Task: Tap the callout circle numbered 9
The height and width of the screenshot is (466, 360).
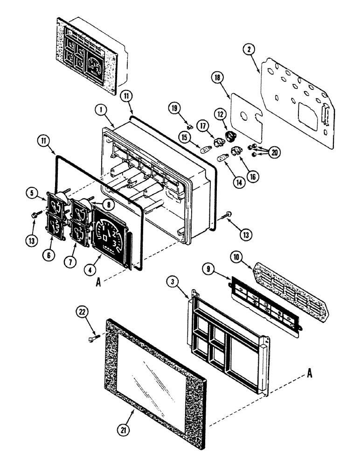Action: tap(209, 269)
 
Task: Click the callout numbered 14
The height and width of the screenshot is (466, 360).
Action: tap(240, 183)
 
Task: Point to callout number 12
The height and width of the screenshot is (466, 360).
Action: tap(220, 114)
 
